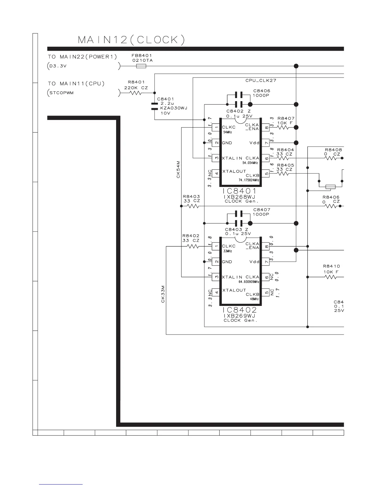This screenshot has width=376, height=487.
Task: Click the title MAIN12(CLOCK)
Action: [x=131, y=40]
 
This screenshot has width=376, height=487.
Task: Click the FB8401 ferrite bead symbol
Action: [x=141, y=66]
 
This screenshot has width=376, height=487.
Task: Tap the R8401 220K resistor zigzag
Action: [x=135, y=93]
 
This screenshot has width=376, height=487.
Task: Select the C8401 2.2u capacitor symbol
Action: [x=155, y=106]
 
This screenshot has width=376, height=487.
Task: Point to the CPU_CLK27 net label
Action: [x=261, y=81]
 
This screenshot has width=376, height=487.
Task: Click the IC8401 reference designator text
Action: [x=239, y=191]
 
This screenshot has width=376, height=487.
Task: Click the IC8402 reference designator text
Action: [x=239, y=310]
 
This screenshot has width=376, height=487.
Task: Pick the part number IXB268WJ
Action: [x=239, y=197]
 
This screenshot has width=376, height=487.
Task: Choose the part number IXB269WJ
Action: [x=239, y=316]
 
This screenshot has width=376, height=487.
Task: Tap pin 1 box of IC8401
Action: [x=216, y=128]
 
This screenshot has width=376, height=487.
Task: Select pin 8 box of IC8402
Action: [x=266, y=247]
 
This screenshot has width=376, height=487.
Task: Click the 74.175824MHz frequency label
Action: [x=249, y=180]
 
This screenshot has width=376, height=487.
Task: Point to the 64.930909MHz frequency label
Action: [x=249, y=282]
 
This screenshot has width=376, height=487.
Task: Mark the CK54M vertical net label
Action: [x=178, y=169]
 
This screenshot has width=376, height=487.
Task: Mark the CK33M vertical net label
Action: [x=163, y=294]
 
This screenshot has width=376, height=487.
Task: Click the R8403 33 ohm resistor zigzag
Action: [x=193, y=206]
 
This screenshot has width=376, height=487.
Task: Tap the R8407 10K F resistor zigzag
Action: [x=283, y=128]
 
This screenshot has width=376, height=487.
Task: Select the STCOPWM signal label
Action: [x=61, y=93]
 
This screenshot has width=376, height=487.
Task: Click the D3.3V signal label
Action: [x=58, y=66]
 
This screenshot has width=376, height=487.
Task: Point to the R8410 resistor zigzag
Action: [x=331, y=277]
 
